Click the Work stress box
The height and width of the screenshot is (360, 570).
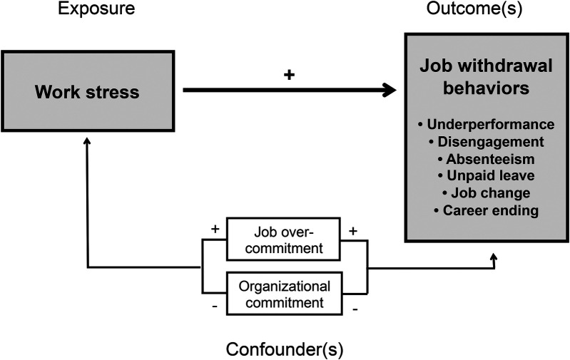pos(88,91)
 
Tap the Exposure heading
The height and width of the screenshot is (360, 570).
pos(96,9)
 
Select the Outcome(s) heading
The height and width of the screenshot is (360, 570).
pos(474,9)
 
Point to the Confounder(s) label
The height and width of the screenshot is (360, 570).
pos(285,349)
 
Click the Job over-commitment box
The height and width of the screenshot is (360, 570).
pos(283,239)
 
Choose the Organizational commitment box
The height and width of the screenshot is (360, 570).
pos(284,294)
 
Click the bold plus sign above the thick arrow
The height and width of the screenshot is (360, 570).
pos(289,75)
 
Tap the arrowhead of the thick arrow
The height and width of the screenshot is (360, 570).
pos(390,90)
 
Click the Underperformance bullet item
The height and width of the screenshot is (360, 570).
pos(487,124)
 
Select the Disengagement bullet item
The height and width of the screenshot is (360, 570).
pos(487,142)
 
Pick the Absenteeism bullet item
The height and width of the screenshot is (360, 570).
pos(487,159)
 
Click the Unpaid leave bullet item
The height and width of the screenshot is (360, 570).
pos(487,176)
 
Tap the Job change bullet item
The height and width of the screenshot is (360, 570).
pos(487,193)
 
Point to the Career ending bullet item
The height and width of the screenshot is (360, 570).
pos(487,210)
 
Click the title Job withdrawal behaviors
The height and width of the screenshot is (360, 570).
pos(486,77)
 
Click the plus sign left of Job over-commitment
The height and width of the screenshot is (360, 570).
pos(215,229)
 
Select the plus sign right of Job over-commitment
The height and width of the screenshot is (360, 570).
pos(352,231)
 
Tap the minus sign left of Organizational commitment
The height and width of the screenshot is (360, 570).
pos(215,307)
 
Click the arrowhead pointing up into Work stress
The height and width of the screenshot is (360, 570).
pos(87,140)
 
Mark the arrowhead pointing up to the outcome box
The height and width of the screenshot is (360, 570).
pos(493,257)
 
